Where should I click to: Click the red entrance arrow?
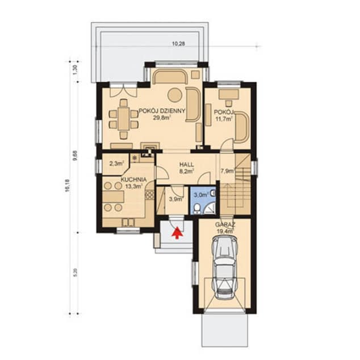click(177, 233)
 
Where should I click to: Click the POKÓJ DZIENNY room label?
click(162, 111)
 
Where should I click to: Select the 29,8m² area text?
click(162, 118)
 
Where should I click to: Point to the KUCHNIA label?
click(133, 179)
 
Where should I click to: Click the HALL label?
click(186, 165)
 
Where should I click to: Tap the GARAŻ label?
click(225, 224)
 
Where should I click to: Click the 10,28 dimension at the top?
click(178, 43)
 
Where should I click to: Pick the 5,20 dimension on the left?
click(76, 273)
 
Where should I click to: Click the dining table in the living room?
click(124, 119)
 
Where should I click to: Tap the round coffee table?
click(175, 95)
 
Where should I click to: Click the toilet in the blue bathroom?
click(197, 209)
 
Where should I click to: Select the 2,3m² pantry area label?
click(116, 164)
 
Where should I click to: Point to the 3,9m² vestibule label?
click(176, 199)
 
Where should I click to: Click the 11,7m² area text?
click(224, 119)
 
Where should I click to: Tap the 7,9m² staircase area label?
click(228, 171)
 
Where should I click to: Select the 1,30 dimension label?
click(76, 70)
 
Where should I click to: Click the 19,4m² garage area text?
click(225, 231)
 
